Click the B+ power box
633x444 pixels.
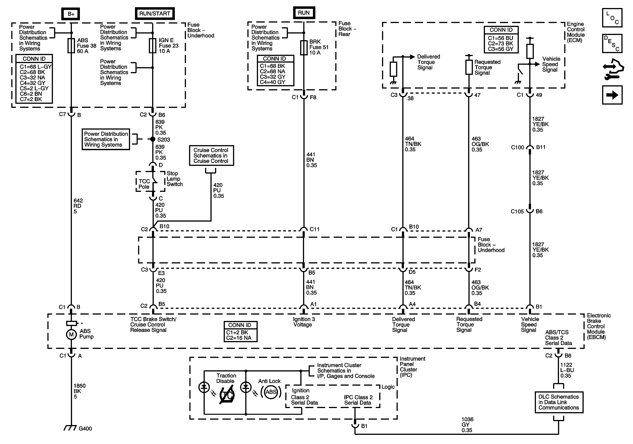pyautogui.click(x=71, y=14)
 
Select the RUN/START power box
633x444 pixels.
pyautogui.click(x=155, y=14)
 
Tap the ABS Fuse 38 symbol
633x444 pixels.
pyautogui.click(x=71, y=45)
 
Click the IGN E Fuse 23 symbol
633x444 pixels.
pyautogui.click(x=152, y=45)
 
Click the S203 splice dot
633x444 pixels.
pyautogui.click(x=153, y=139)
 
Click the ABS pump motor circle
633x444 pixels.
pyautogui.click(x=71, y=335)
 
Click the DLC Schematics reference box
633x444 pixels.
pyautogui.click(x=559, y=402)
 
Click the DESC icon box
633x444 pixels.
pyautogui.click(x=612, y=43)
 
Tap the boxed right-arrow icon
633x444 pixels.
pyautogui.click(x=612, y=95)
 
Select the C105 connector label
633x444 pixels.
pyautogui.click(x=517, y=211)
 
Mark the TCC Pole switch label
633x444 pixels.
pyautogui.click(x=144, y=184)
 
